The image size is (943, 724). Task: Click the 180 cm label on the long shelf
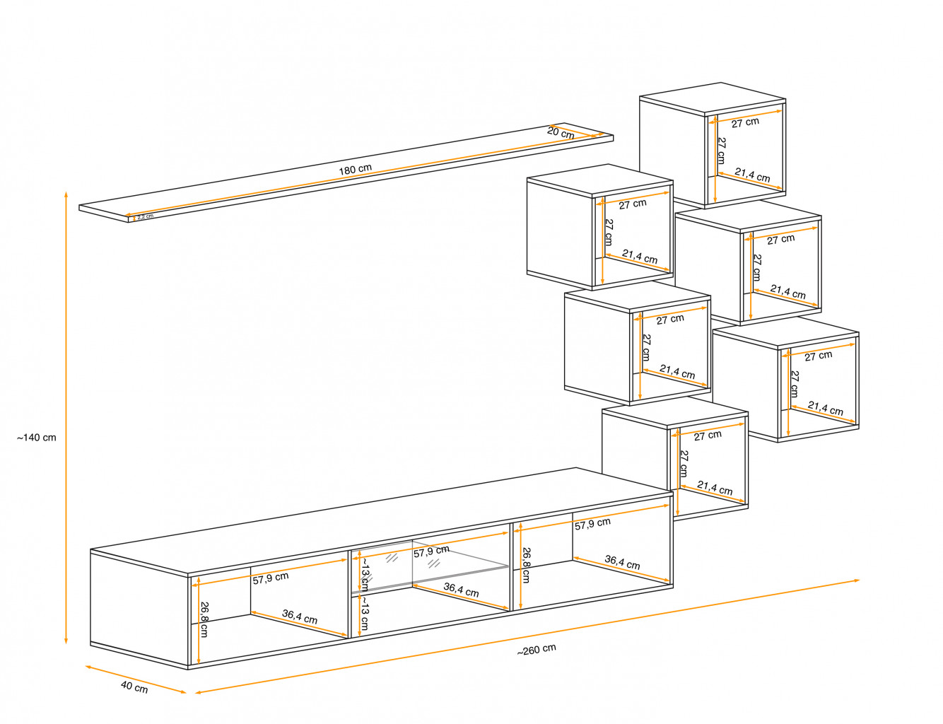[355, 170]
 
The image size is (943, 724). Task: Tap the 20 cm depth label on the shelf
[561, 132]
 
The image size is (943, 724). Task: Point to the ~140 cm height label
[37, 438]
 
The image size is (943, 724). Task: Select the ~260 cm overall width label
[537, 650]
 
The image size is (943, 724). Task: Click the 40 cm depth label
[134, 687]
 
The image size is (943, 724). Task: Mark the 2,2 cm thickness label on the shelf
[145, 216]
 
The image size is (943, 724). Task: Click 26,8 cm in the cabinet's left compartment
[204, 619]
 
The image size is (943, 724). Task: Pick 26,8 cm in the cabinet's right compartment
[525, 565]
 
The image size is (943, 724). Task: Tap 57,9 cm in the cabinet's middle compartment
[431, 551]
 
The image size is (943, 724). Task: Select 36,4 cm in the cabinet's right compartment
[622, 563]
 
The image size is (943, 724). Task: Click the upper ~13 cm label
[365, 575]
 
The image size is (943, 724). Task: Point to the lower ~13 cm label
[364, 614]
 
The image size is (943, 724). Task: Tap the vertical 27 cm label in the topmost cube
[721, 151]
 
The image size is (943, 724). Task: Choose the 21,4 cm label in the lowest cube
[715, 488]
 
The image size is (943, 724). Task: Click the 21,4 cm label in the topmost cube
[752, 175]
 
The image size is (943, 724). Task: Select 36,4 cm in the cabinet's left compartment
[300, 617]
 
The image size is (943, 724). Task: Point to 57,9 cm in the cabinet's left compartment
[271, 578]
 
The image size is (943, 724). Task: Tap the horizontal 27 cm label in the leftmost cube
[633, 204]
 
